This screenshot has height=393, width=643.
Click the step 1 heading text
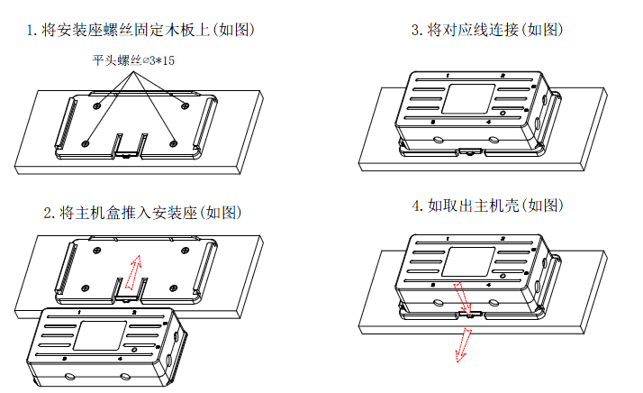(x=141, y=30)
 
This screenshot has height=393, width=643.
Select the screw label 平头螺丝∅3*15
(x=134, y=61)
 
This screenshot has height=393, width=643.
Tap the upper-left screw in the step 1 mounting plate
(x=98, y=105)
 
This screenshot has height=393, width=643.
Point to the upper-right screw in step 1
(x=185, y=106)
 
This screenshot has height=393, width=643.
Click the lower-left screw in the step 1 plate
(x=86, y=142)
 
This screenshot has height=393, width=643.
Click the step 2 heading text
(x=143, y=214)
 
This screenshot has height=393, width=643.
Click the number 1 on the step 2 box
(x=79, y=313)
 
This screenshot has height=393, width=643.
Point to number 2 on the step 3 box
(x=503, y=76)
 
